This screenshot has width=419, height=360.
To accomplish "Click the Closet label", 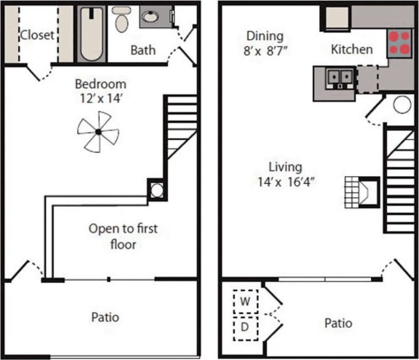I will (37, 35).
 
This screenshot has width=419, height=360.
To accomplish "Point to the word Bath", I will (143, 50).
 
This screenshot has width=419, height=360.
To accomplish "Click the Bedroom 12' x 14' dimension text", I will (100, 91).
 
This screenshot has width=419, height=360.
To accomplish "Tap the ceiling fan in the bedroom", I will (98, 132).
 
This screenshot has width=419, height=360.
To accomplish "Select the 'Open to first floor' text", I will (123, 236).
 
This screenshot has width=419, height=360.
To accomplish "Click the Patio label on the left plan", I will (105, 317).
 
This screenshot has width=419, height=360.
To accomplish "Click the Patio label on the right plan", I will (338, 323).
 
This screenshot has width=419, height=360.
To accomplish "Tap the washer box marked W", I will (245, 301).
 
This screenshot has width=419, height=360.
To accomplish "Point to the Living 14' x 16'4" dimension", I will (286, 175).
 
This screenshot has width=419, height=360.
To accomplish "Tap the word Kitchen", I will (351, 49).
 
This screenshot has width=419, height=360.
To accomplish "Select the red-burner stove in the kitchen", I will (399, 44).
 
